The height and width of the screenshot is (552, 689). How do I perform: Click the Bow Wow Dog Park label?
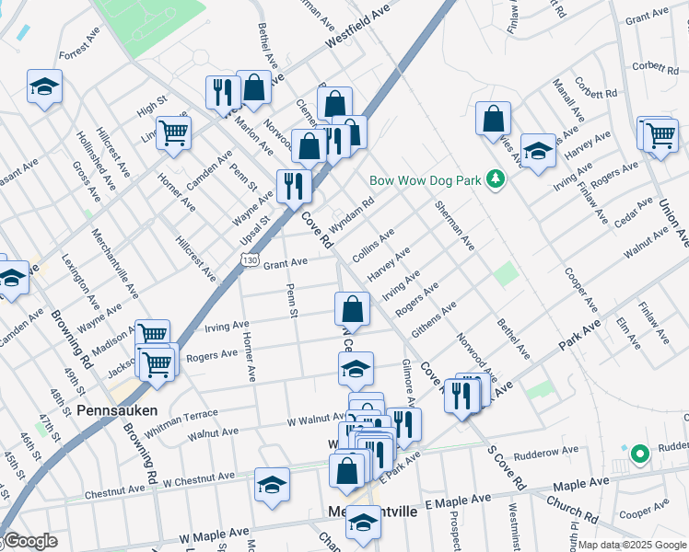(x=425, y=179)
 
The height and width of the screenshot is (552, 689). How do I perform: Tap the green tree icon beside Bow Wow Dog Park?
(x=496, y=178)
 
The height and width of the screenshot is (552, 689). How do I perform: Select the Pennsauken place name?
(x=117, y=409)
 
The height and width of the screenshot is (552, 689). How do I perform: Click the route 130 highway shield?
(x=249, y=261)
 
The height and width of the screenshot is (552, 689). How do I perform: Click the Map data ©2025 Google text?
(x=632, y=545)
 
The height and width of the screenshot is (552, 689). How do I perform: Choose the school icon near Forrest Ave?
(x=44, y=86)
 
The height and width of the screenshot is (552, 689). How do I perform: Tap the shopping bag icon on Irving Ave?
(x=352, y=307)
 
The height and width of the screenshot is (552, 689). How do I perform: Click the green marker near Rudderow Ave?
(x=638, y=453)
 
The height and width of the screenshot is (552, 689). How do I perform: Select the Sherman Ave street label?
(x=455, y=227)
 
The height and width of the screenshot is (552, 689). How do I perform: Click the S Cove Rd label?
(x=508, y=469)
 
